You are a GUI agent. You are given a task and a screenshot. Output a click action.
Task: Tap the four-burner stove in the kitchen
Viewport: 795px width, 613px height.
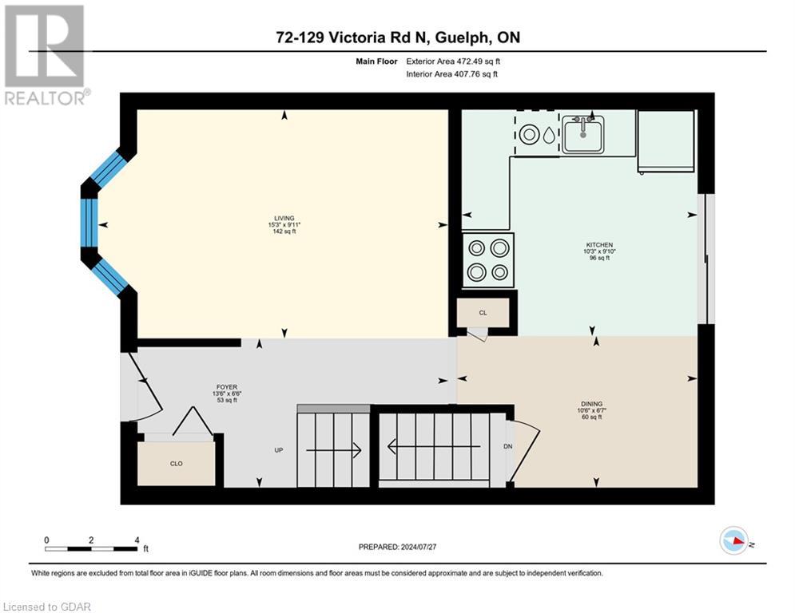488,260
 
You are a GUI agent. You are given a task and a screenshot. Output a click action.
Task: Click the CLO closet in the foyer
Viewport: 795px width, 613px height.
176,463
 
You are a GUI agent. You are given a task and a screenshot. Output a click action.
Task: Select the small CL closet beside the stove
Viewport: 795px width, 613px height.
483,312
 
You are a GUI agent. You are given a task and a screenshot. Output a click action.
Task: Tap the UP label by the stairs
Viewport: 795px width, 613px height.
279,450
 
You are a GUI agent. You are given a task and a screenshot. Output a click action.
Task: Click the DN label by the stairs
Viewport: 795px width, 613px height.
507,446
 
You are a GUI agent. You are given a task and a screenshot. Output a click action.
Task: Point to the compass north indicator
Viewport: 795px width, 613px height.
735,541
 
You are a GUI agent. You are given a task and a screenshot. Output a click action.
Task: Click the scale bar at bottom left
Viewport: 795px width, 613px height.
92,548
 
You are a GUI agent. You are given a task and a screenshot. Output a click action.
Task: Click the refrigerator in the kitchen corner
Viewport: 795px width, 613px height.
666,140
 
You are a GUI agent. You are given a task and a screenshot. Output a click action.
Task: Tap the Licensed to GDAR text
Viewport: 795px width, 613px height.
46,607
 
